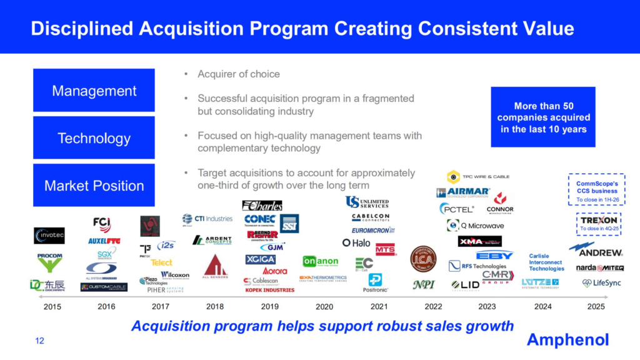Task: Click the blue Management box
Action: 94,91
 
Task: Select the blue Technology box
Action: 94,138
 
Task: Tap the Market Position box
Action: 94,186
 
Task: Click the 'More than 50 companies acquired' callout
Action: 543,117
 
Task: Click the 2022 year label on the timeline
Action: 432,306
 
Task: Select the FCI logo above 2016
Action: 101,224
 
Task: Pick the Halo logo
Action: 356,242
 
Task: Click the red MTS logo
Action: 386,249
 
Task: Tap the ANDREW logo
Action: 600,252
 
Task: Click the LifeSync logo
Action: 602,283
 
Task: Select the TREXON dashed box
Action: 599,224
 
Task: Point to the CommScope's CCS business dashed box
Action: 596,189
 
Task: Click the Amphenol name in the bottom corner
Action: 567,339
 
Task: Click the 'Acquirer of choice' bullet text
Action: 238,74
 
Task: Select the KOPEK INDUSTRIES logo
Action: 271,290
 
